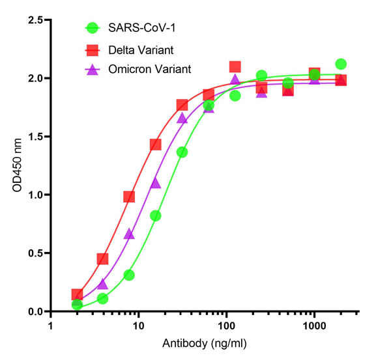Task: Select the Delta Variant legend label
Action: [141, 49]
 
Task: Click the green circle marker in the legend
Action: [93, 28]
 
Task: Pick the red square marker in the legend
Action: [93, 49]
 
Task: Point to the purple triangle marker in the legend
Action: [93, 69]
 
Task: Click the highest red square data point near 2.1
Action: [235, 66]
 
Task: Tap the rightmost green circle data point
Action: [340, 64]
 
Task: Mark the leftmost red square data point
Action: [77, 294]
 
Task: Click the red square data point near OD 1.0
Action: [129, 197]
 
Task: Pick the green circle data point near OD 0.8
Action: [156, 215]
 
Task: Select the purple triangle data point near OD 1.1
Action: [156, 183]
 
